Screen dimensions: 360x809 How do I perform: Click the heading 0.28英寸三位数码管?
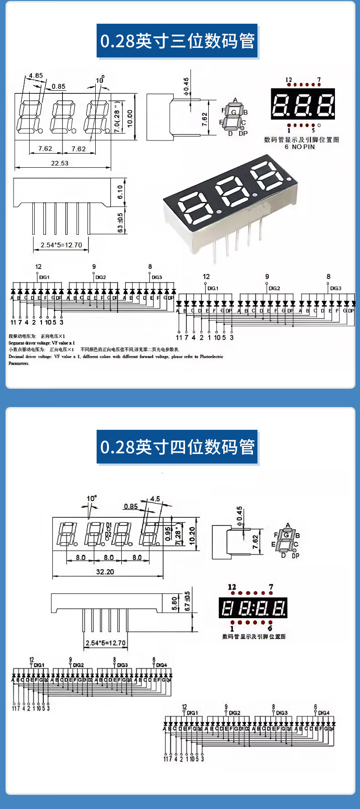177,41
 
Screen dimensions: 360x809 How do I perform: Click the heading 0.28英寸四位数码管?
177,447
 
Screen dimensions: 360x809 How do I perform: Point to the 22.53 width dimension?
60,163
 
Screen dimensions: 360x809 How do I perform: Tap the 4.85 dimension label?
36,76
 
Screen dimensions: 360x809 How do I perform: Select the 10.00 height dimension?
130,118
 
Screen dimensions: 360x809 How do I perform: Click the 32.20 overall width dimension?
105,572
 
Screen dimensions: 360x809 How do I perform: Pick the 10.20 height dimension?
192,536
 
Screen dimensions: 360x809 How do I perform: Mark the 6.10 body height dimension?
120,192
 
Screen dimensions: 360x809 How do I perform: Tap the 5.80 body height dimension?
175,604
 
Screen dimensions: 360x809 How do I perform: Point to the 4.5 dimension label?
155,499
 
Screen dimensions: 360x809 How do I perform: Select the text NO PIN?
303,147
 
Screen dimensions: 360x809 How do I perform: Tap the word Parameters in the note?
19,363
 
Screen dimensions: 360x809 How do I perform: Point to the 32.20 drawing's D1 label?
108,526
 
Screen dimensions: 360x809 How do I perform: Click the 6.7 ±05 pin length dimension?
187,602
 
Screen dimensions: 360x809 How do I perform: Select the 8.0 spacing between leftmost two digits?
81,557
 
